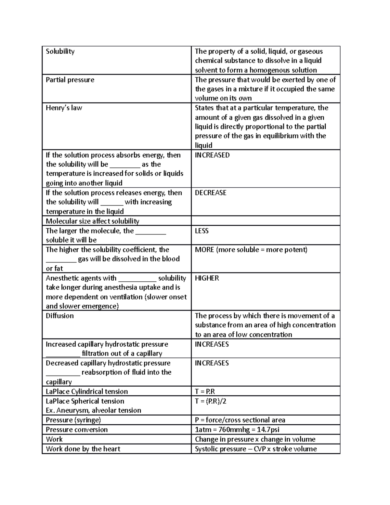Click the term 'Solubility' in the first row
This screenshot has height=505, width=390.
pyautogui.click(x=60, y=51)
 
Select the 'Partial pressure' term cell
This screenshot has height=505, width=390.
pyautogui.click(x=70, y=80)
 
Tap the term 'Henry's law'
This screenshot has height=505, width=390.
pyautogui.click(x=64, y=108)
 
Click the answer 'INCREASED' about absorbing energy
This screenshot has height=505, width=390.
pyautogui.click(x=212, y=155)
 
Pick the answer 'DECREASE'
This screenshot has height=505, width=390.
pyautogui.click(x=210, y=193)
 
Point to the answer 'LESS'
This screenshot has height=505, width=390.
pyautogui.click(x=201, y=231)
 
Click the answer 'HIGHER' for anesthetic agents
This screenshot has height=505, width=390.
pyautogui.click(x=207, y=278)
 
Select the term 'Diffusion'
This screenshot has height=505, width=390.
pyautogui.click(x=59, y=316)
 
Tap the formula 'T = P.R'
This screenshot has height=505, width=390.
pyautogui.click(x=205, y=392)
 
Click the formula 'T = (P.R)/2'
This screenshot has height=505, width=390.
pyautogui.click(x=210, y=401)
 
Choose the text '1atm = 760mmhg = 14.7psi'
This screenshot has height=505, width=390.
pyautogui.click(x=237, y=430)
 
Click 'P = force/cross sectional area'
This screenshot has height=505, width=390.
pyautogui.click(x=240, y=420)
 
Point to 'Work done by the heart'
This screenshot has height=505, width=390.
pyautogui.click(x=83, y=449)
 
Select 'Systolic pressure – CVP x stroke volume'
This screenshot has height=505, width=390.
pyautogui.click(x=255, y=449)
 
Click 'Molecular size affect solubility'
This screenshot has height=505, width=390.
pyautogui.click(x=92, y=221)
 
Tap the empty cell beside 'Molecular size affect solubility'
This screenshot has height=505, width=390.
pyautogui.click(x=265, y=221)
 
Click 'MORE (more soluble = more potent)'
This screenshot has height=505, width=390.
pyautogui.click(x=251, y=250)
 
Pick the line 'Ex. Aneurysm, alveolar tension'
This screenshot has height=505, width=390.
pyautogui.click(x=93, y=410)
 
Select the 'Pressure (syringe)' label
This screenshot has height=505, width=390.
pyautogui.click(x=73, y=420)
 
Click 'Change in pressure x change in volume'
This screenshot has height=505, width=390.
pyautogui.click(x=255, y=439)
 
